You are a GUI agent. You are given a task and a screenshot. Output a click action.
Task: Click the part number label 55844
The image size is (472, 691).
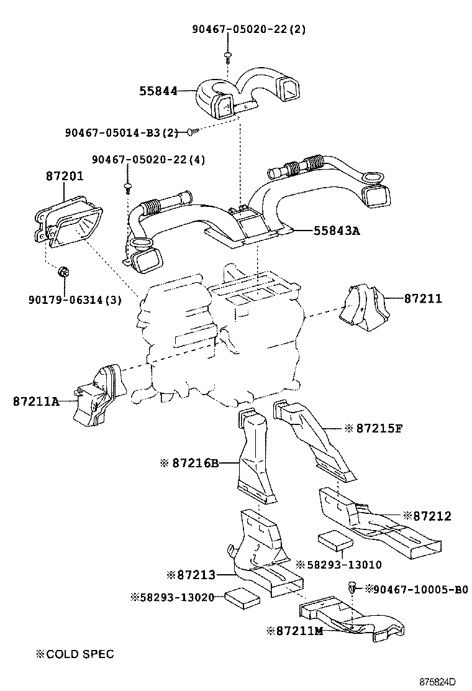coord(158,91)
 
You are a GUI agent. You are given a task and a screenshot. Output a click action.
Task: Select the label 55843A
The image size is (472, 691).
coord(337,231)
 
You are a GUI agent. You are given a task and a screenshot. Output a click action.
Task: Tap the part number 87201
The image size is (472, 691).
coord(65,176)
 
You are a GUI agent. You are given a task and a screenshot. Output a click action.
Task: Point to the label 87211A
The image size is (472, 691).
coord(36,401)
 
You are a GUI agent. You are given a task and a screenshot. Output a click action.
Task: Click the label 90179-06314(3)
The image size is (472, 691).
coord(75,300)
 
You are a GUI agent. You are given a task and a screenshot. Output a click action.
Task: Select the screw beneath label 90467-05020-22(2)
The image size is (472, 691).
coord(228,58)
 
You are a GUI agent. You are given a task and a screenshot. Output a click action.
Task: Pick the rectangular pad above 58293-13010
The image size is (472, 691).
coord(335,540)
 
